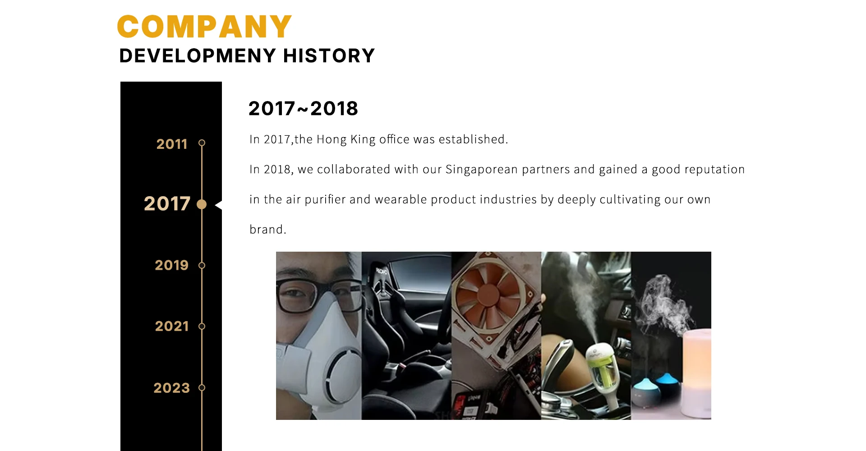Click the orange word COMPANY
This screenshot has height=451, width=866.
204,27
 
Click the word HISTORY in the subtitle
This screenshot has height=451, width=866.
329,56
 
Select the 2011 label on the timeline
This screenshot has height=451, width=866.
172,144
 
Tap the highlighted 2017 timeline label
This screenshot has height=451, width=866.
167,204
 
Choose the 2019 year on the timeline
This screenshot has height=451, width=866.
171,265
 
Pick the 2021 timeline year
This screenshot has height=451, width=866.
171,326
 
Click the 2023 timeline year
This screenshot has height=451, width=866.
171,388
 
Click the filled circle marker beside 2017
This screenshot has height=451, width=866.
202,204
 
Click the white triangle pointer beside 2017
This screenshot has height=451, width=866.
219,205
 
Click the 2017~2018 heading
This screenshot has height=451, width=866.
303,109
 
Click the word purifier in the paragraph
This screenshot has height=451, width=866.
325,200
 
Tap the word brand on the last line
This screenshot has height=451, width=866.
266,230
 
